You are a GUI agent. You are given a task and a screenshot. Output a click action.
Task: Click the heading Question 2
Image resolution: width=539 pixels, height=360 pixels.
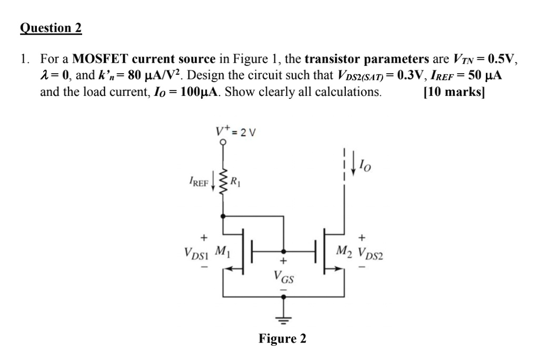coord(51,28)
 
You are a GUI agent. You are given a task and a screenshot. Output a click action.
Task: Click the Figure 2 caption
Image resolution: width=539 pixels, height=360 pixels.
coord(282,339)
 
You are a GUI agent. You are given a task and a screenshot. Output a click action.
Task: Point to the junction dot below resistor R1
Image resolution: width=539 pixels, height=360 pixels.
coord(223,216)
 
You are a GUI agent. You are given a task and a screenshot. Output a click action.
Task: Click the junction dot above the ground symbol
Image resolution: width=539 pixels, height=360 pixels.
coord(284,297)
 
